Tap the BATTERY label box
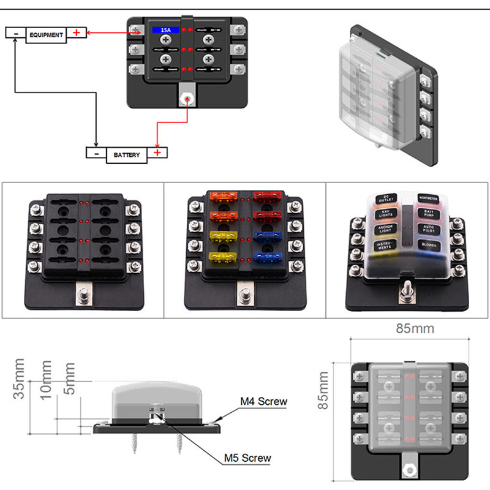[127, 155]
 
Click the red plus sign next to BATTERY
[157, 153]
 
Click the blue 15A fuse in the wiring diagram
[165, 29]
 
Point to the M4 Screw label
[263, 402]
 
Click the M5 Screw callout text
[247, 458]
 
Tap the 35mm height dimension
[20, 386]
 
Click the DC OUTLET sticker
[386, 200]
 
